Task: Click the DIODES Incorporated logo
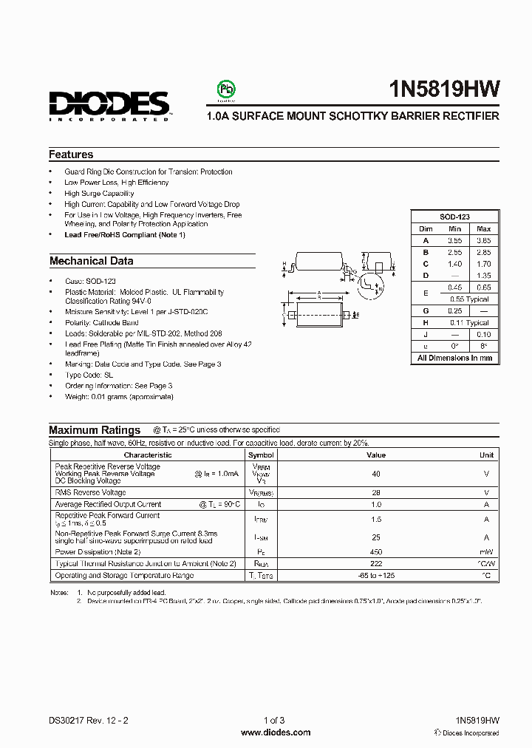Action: [109, 104]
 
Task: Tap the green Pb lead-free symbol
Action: [225, 89]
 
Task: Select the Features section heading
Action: [71, 154]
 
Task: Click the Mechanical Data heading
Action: [91, 261]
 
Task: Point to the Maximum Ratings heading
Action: [95, 430]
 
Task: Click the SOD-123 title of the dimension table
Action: [455, 217]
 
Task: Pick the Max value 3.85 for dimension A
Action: [483, 240]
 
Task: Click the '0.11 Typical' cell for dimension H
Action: [469, 323]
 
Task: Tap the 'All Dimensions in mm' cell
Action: [454, 358]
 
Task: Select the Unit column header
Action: [487, 455]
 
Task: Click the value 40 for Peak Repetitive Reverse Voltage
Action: [376, 474]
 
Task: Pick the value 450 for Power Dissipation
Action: [376, 551]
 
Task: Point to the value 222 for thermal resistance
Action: [376, 563]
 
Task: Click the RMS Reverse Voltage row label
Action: [90, 492]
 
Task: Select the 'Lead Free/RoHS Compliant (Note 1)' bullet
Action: [125, 234]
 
